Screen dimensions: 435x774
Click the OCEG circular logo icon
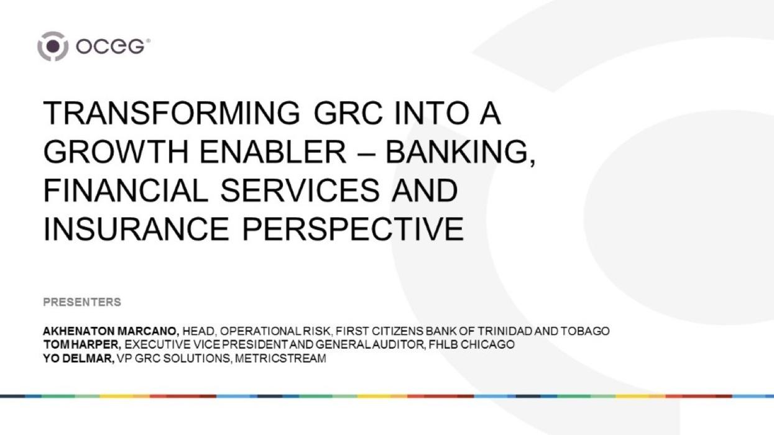[52, 46]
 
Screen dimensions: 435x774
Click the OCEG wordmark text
[113, 47]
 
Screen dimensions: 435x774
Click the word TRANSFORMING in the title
[167, 114]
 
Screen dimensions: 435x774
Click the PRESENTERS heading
[82, 303]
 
